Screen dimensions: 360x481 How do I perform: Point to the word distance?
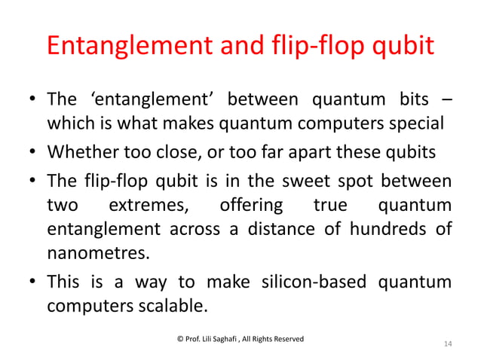268,228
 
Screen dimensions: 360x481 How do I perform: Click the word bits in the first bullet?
410,99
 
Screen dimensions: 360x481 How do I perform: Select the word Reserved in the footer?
286,340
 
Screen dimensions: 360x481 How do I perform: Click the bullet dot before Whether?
33,153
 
